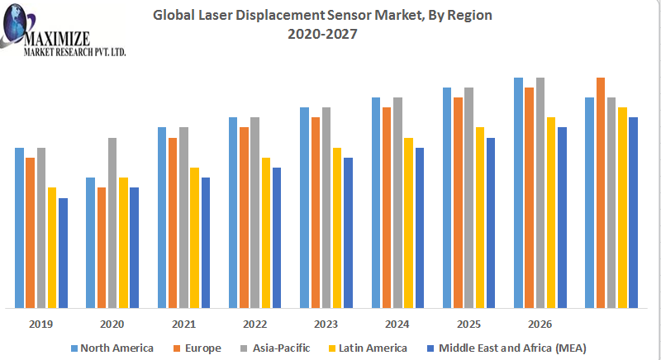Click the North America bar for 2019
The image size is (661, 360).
(19, 228)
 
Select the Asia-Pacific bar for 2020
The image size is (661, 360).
(112, 223)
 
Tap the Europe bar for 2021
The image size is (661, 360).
(173, 223)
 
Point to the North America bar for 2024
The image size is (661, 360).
(376, 203)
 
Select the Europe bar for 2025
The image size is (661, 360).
(458, 203)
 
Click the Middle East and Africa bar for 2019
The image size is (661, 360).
(63, 253)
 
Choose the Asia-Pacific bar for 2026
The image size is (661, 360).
(540, 193)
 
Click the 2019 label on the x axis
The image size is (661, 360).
(41, 324)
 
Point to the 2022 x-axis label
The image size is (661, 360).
(255, 324)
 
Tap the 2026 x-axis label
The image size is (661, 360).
(540, 324)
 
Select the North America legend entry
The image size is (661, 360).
(117, 348)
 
